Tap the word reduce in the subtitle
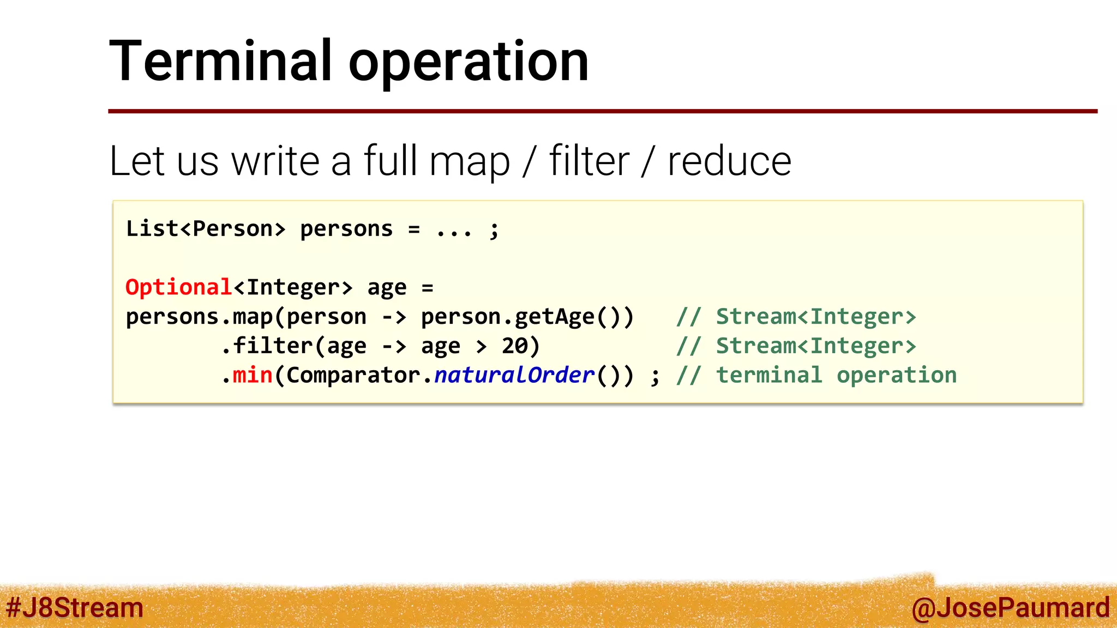tap(729, 161)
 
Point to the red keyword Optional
tap(179, 287)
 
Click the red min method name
tap(253, 375)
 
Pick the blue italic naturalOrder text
tap(514, 375)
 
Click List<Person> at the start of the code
tap(206, 229)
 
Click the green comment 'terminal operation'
tap(836, 375)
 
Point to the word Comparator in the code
tap(352, 375)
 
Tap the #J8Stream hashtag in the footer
tap(75, 607)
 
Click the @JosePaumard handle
tap(1010, 608)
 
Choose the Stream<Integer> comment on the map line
tap(816, 317)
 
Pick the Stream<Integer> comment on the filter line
tap(816, 346)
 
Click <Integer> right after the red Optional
tap(293, 287)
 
